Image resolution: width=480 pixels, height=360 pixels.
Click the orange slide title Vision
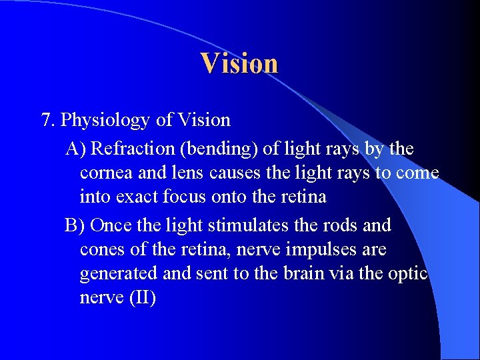click(x=239, y=63)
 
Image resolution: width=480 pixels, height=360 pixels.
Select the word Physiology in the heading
click(x=105, y=121)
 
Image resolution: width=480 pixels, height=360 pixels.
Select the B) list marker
click(x=75, y=225)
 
